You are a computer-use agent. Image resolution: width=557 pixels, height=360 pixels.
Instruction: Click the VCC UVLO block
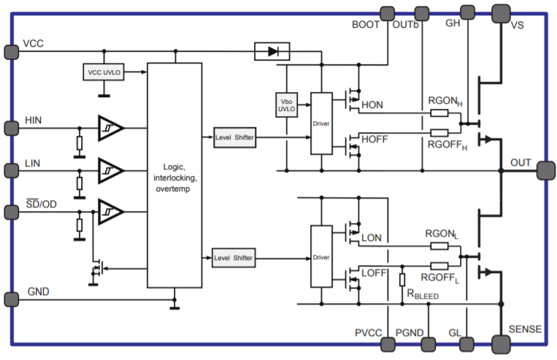coord(104,73)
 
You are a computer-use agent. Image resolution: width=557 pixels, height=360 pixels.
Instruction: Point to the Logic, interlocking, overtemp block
coord(174,175)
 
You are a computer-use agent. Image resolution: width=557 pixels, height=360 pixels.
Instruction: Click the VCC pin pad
coord(11,51)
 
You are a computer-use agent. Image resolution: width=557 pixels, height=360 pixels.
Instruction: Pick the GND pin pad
coord(11,299)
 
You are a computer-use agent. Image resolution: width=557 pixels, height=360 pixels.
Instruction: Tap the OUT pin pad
coord(545,170)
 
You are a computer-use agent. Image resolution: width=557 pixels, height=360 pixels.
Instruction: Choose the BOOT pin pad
coord(387,13)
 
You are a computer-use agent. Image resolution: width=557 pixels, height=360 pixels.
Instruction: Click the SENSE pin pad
coord(501,342)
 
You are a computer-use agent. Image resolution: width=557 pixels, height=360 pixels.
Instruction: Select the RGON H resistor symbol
coord(439,112)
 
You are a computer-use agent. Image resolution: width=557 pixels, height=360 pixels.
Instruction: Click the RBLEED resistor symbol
coord(402,280)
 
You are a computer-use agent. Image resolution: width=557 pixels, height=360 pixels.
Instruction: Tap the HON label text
coord(372,106)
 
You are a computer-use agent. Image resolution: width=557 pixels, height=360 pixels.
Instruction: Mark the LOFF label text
coord(373,272)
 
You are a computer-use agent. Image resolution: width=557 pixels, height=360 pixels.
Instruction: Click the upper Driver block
coord(321,123)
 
